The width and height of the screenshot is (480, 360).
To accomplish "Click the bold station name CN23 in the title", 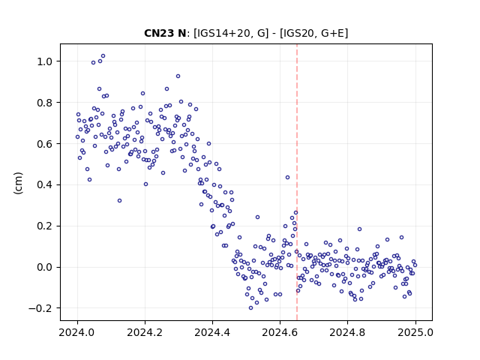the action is pyautogui.click(x=159, y=33).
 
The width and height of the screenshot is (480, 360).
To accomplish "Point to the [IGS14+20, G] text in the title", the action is pyautogui.click(x=231, y=33).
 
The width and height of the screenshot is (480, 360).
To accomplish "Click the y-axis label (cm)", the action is pyautogui.click(x=18, y=183).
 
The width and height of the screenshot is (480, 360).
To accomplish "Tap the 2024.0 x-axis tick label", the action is pyautogui.click(x=77, y=332).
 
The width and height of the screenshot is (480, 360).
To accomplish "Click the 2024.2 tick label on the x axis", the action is pyautogui.click(x=145, y=332).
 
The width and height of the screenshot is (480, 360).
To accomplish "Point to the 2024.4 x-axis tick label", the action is pyautogui.click(x=212, y=332).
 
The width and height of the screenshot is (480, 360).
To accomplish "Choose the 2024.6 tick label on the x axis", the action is pyautogui.click(x=280, y=332).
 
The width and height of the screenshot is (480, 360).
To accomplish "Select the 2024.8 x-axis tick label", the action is pyautogui.click(x=347, y=332).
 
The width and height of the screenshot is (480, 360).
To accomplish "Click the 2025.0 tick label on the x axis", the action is pyautogui.click(x=415, y=332).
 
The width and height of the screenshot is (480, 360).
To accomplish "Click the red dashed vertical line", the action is pyautogui.click(x=297, y=182).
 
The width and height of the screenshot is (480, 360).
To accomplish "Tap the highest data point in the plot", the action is pyautogui.click(x=103, y=56).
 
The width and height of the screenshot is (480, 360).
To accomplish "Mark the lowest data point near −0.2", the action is pyautogui.click(x=251, y=308).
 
